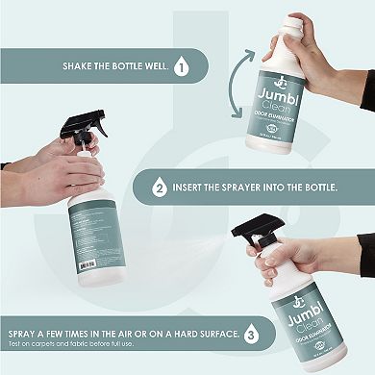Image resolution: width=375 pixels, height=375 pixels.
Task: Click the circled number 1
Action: click(184, 68)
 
